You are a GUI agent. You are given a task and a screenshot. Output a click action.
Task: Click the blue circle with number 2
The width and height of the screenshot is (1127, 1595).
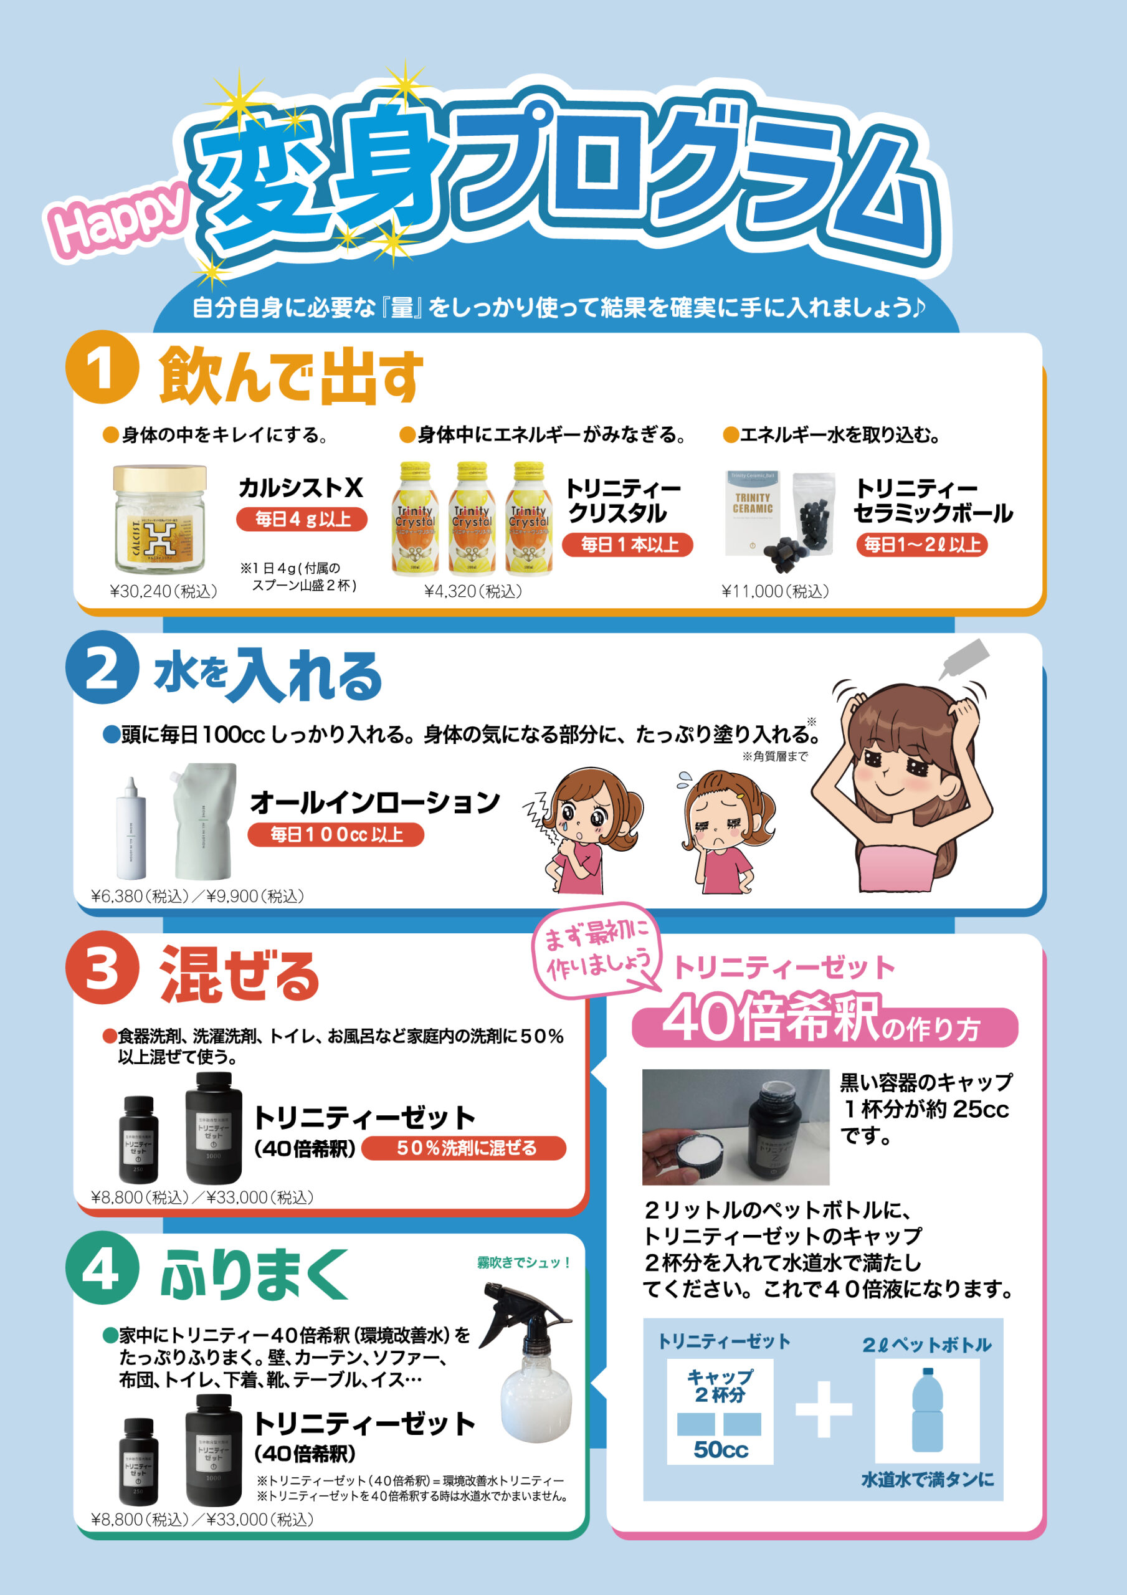point(102,667)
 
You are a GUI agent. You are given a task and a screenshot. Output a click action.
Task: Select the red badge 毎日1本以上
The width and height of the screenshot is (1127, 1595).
point(627,545)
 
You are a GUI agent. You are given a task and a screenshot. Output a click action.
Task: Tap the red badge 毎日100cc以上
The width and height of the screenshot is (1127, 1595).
point(336,834)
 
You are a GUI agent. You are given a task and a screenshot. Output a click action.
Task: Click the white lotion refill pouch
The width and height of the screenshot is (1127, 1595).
point(203,821)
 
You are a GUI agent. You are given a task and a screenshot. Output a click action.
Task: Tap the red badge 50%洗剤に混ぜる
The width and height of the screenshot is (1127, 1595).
point(464,1148)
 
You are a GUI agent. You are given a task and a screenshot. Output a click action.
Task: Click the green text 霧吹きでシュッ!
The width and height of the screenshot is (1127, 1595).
point(523,1262)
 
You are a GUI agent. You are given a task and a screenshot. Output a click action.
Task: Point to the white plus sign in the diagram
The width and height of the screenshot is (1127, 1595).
point(824,1409)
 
